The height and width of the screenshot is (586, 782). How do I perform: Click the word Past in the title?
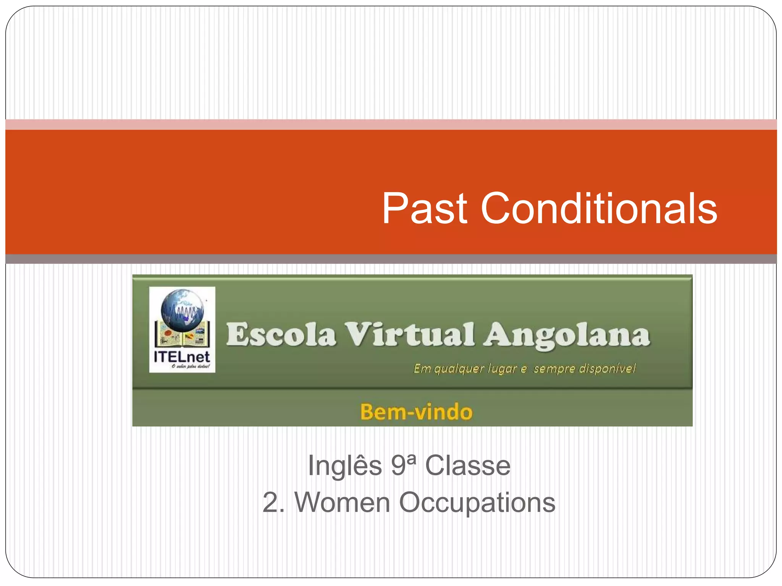(425, 209)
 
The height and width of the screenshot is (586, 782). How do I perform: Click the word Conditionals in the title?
(599, 209)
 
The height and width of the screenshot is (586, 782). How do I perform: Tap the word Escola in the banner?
(281, 334)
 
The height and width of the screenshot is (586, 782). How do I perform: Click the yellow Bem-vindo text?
(416, 412)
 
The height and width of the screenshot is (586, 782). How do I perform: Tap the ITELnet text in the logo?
(182, 357)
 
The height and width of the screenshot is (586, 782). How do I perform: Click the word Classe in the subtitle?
(468, 465)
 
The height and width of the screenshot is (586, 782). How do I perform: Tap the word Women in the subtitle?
(342, 502)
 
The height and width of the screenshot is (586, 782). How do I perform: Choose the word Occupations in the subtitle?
(477, 503)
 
